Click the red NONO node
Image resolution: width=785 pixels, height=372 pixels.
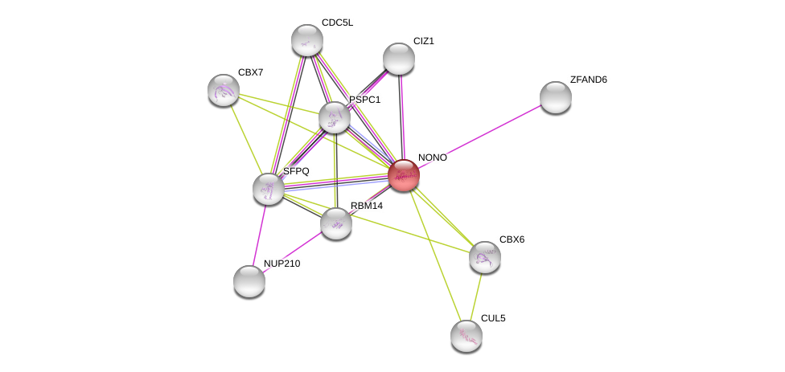(x=404, y=175)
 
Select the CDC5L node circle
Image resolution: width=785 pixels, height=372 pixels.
(x=306, y=40)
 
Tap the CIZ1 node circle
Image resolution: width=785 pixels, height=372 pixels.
(x=398, y=59)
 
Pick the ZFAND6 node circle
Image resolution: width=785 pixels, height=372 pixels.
(x=555, y=97)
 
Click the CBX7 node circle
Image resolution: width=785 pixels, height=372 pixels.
(x=223, y=90)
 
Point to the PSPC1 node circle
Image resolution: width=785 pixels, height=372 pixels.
(x=335, y=117)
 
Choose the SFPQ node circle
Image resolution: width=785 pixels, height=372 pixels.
(x=269, y=189)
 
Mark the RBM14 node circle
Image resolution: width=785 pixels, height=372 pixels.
(x=336, y=223)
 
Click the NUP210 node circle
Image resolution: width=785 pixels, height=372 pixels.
(x=249, y=281)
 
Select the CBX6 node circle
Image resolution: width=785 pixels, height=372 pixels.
(x=485, y=257)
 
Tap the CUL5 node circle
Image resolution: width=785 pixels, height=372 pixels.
(x=466, y=336)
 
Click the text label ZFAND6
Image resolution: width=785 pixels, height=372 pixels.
(x=588, y=80)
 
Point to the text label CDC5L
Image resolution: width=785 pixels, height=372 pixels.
(x=337, y=22)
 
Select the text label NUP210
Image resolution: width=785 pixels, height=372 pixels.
(x=282, y=264)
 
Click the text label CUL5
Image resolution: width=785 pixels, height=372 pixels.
(x=493, y=318)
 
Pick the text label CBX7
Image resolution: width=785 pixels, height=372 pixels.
(x=250, y=72)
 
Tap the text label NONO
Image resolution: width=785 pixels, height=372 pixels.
(x=432, y=157)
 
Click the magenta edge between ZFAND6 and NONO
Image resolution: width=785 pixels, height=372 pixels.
(x=483, y=134)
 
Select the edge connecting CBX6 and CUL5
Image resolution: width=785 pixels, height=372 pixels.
(x=476, y=296)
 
